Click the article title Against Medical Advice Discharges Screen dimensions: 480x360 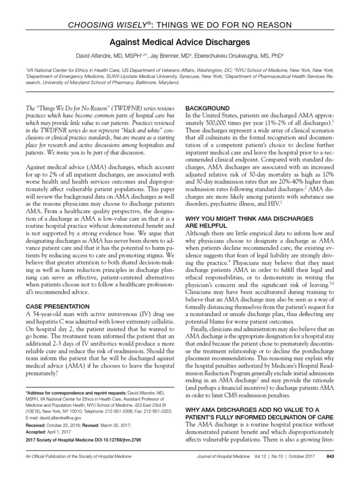pos(180,41)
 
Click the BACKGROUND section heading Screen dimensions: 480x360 pos(208,108)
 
